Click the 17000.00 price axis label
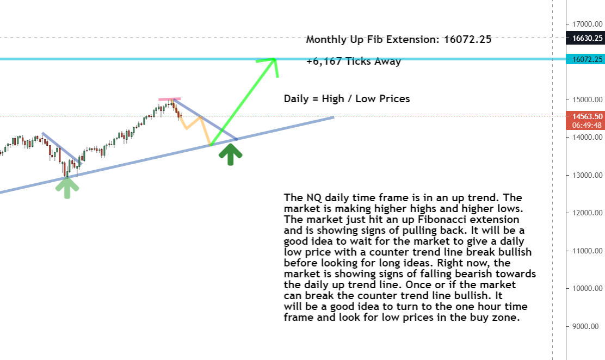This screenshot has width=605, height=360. tap(587, 24)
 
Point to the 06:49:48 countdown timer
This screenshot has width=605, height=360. tap(587, 126)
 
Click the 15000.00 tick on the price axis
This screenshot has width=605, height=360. tap(587, 100)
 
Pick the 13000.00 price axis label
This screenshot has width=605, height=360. tap(587, 175)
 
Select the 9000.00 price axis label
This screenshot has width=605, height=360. tap(586, 326)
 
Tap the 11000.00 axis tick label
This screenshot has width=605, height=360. tap(587, 251)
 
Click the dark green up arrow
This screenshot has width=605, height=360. tap(230, 154)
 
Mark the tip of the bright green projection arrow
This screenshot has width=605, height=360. tap(274, 59)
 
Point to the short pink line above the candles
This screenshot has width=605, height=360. tap(169, 99)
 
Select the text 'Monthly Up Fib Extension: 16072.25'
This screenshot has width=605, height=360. tap(399, 39)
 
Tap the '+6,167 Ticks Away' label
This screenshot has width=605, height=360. tap(354, 61)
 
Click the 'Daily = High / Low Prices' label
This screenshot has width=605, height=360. tap(347, 99)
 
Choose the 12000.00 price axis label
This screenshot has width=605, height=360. tap(587, 213)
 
